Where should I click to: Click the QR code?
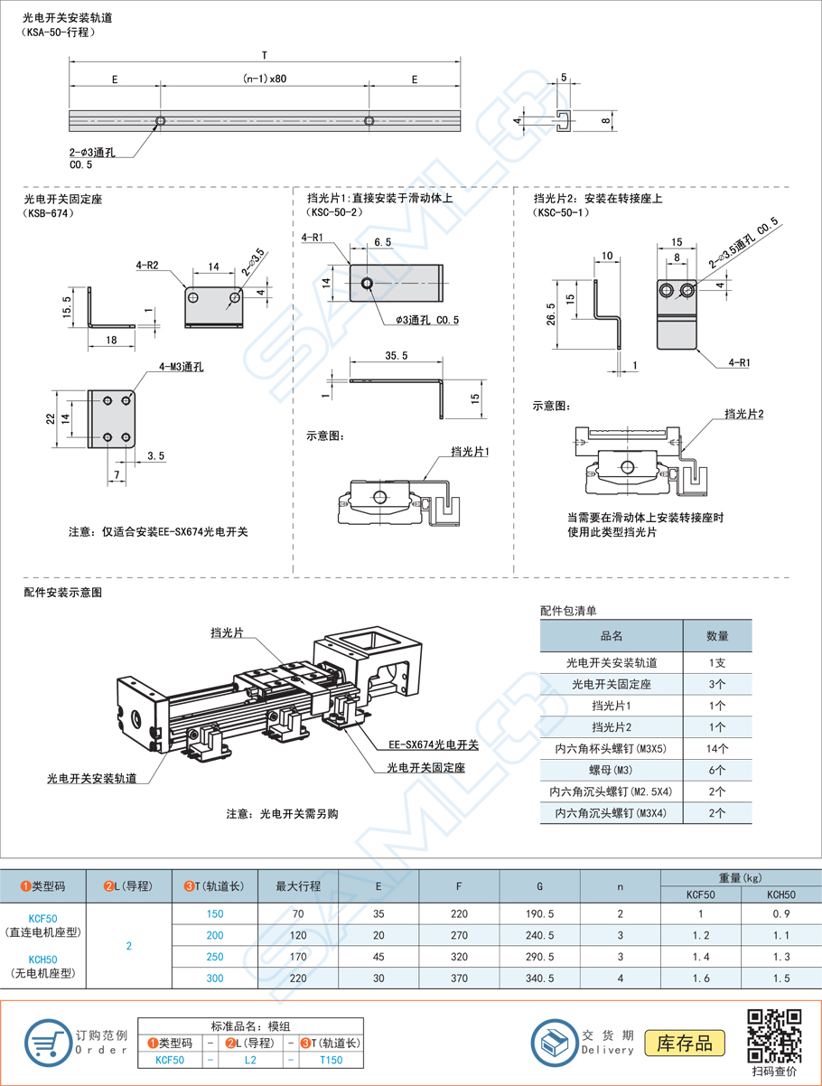775,1035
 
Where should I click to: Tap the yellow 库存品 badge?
686,1043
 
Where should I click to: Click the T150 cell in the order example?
332,1060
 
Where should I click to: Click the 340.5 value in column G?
539,978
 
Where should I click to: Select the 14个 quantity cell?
717,748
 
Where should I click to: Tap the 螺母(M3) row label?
612,770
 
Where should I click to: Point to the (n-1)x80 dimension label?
265,79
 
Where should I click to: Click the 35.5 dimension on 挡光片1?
396,356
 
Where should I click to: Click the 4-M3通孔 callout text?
181,367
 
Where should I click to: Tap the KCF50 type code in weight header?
700,894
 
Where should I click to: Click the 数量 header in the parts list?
717,636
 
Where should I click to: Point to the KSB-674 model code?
48,214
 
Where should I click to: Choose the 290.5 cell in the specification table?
539,956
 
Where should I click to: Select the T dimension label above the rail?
265,53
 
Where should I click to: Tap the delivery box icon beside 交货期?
554,1043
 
